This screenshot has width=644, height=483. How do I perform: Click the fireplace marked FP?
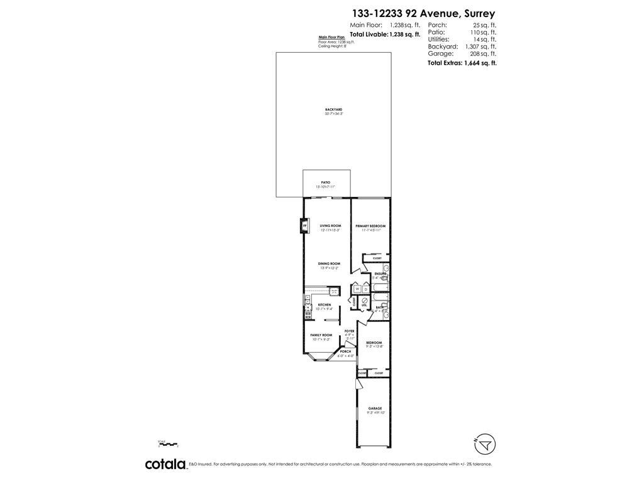pyautogui.click(x=305, y=225)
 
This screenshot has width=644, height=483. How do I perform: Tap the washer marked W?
pyautogui.click(x=357, y=289)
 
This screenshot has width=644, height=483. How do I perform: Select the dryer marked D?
pyautogui.click(x=365, y=289)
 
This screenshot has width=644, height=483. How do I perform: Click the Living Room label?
pyautogui.click(x=330, y=226)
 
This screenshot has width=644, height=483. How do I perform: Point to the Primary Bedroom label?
pyautogui.click(x=370, y=226)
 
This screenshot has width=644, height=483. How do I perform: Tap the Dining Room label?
pyautogui.click(x=329, y=264)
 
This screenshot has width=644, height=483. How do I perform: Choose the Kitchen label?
pyautogui.click(x=324, y=304)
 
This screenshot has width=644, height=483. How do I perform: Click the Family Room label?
pyautogui.click(x=321, y=335)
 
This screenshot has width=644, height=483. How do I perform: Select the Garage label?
pyautogui.click(x=375, y=408)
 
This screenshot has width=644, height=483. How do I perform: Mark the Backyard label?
pyautogui.click(x=333, y=109)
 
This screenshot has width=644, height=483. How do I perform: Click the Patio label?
pyautogui.click(x=325, y=182)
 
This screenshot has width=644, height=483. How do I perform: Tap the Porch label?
pyautogui.click(x=345, y=351)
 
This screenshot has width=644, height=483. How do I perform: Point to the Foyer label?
pyautogui.click(x=349, y=331)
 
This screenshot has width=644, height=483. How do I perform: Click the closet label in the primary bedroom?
pyautogui.click(x=377, y=258)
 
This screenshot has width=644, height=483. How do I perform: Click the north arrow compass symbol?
pyautogui.click(x=484, y=445)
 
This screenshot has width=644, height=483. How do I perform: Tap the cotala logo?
pyautogui.click(x=165, y=464)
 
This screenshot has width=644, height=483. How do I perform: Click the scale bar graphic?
pyautogui.click(x=169, y=445)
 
